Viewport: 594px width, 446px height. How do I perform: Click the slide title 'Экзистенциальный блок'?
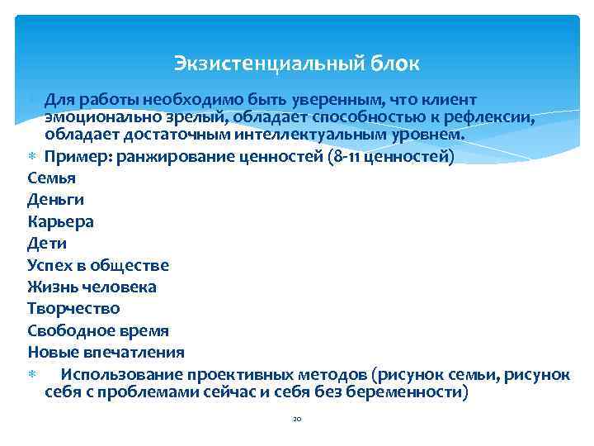[297, 63]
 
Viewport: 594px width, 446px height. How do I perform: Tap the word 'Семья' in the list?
[51, 178]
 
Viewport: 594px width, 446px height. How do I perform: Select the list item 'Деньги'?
[56, 199]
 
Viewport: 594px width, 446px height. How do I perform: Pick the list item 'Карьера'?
[61, 221]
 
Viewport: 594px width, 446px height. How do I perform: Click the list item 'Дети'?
[47, 243]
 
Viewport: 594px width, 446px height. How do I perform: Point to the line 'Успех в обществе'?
[98, 265]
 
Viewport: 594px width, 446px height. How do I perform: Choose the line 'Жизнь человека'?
[92, 287]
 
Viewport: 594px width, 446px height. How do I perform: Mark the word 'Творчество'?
[73, 308]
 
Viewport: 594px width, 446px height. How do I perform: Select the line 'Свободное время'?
[98, 330]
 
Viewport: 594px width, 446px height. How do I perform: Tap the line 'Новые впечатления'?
[106, 352]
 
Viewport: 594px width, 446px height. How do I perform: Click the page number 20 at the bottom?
[297, 420]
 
